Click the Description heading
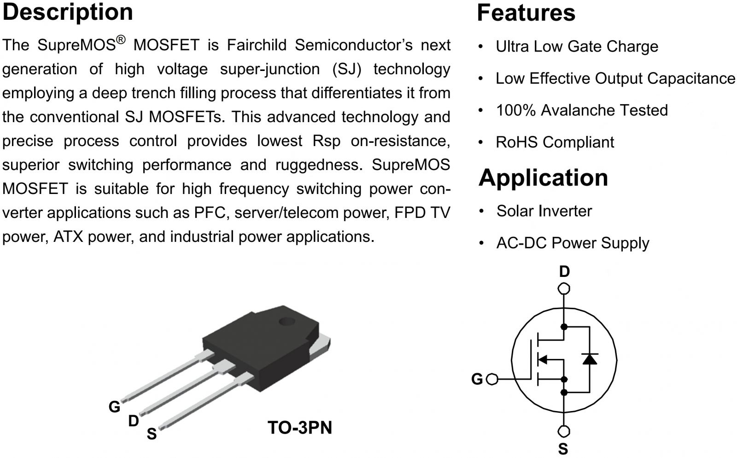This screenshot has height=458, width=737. (68, 12)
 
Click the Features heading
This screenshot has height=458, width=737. (526, 13)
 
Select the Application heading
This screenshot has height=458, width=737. (543, 178)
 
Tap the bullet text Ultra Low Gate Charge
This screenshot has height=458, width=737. (577, 47)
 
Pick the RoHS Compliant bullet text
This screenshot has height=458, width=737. (555, 142)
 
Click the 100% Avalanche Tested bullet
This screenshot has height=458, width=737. (581, 111)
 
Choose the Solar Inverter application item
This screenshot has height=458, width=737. (544, 211)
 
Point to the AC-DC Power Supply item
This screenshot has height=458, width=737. (573, 243)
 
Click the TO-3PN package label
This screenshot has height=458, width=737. (299, 428)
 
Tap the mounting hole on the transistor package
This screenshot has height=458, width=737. (287, 321)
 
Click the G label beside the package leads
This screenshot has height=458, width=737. (114, 406)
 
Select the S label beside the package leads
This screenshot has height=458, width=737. (152, 434)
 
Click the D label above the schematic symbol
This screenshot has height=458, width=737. (564, 272)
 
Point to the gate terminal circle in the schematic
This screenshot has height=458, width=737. (492, 379)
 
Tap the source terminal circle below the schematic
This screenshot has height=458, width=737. (564, 432)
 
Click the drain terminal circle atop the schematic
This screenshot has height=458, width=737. (564, 289)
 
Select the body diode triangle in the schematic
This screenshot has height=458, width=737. (590, 359)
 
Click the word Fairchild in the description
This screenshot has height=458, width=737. (257, 45)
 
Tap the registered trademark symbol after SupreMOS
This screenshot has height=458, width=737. (121, 40)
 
